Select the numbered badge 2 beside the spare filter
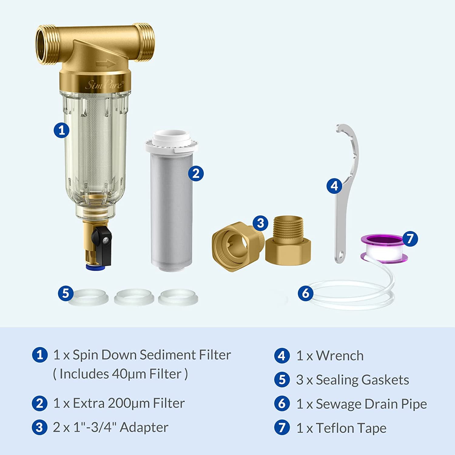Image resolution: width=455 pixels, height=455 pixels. tap(196, 174)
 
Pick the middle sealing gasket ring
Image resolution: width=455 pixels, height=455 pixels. tap(134, 297)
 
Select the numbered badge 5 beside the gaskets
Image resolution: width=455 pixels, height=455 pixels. tap(66, 293)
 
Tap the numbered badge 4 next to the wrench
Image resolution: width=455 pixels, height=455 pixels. tap(334, 186)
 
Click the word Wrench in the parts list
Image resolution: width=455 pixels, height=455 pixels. tap(340, 356)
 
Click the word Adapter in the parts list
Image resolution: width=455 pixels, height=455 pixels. tap(144, 427)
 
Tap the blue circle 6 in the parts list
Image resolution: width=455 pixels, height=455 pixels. tap(282, 404)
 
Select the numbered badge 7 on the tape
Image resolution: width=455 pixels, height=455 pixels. tap(410, 239)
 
